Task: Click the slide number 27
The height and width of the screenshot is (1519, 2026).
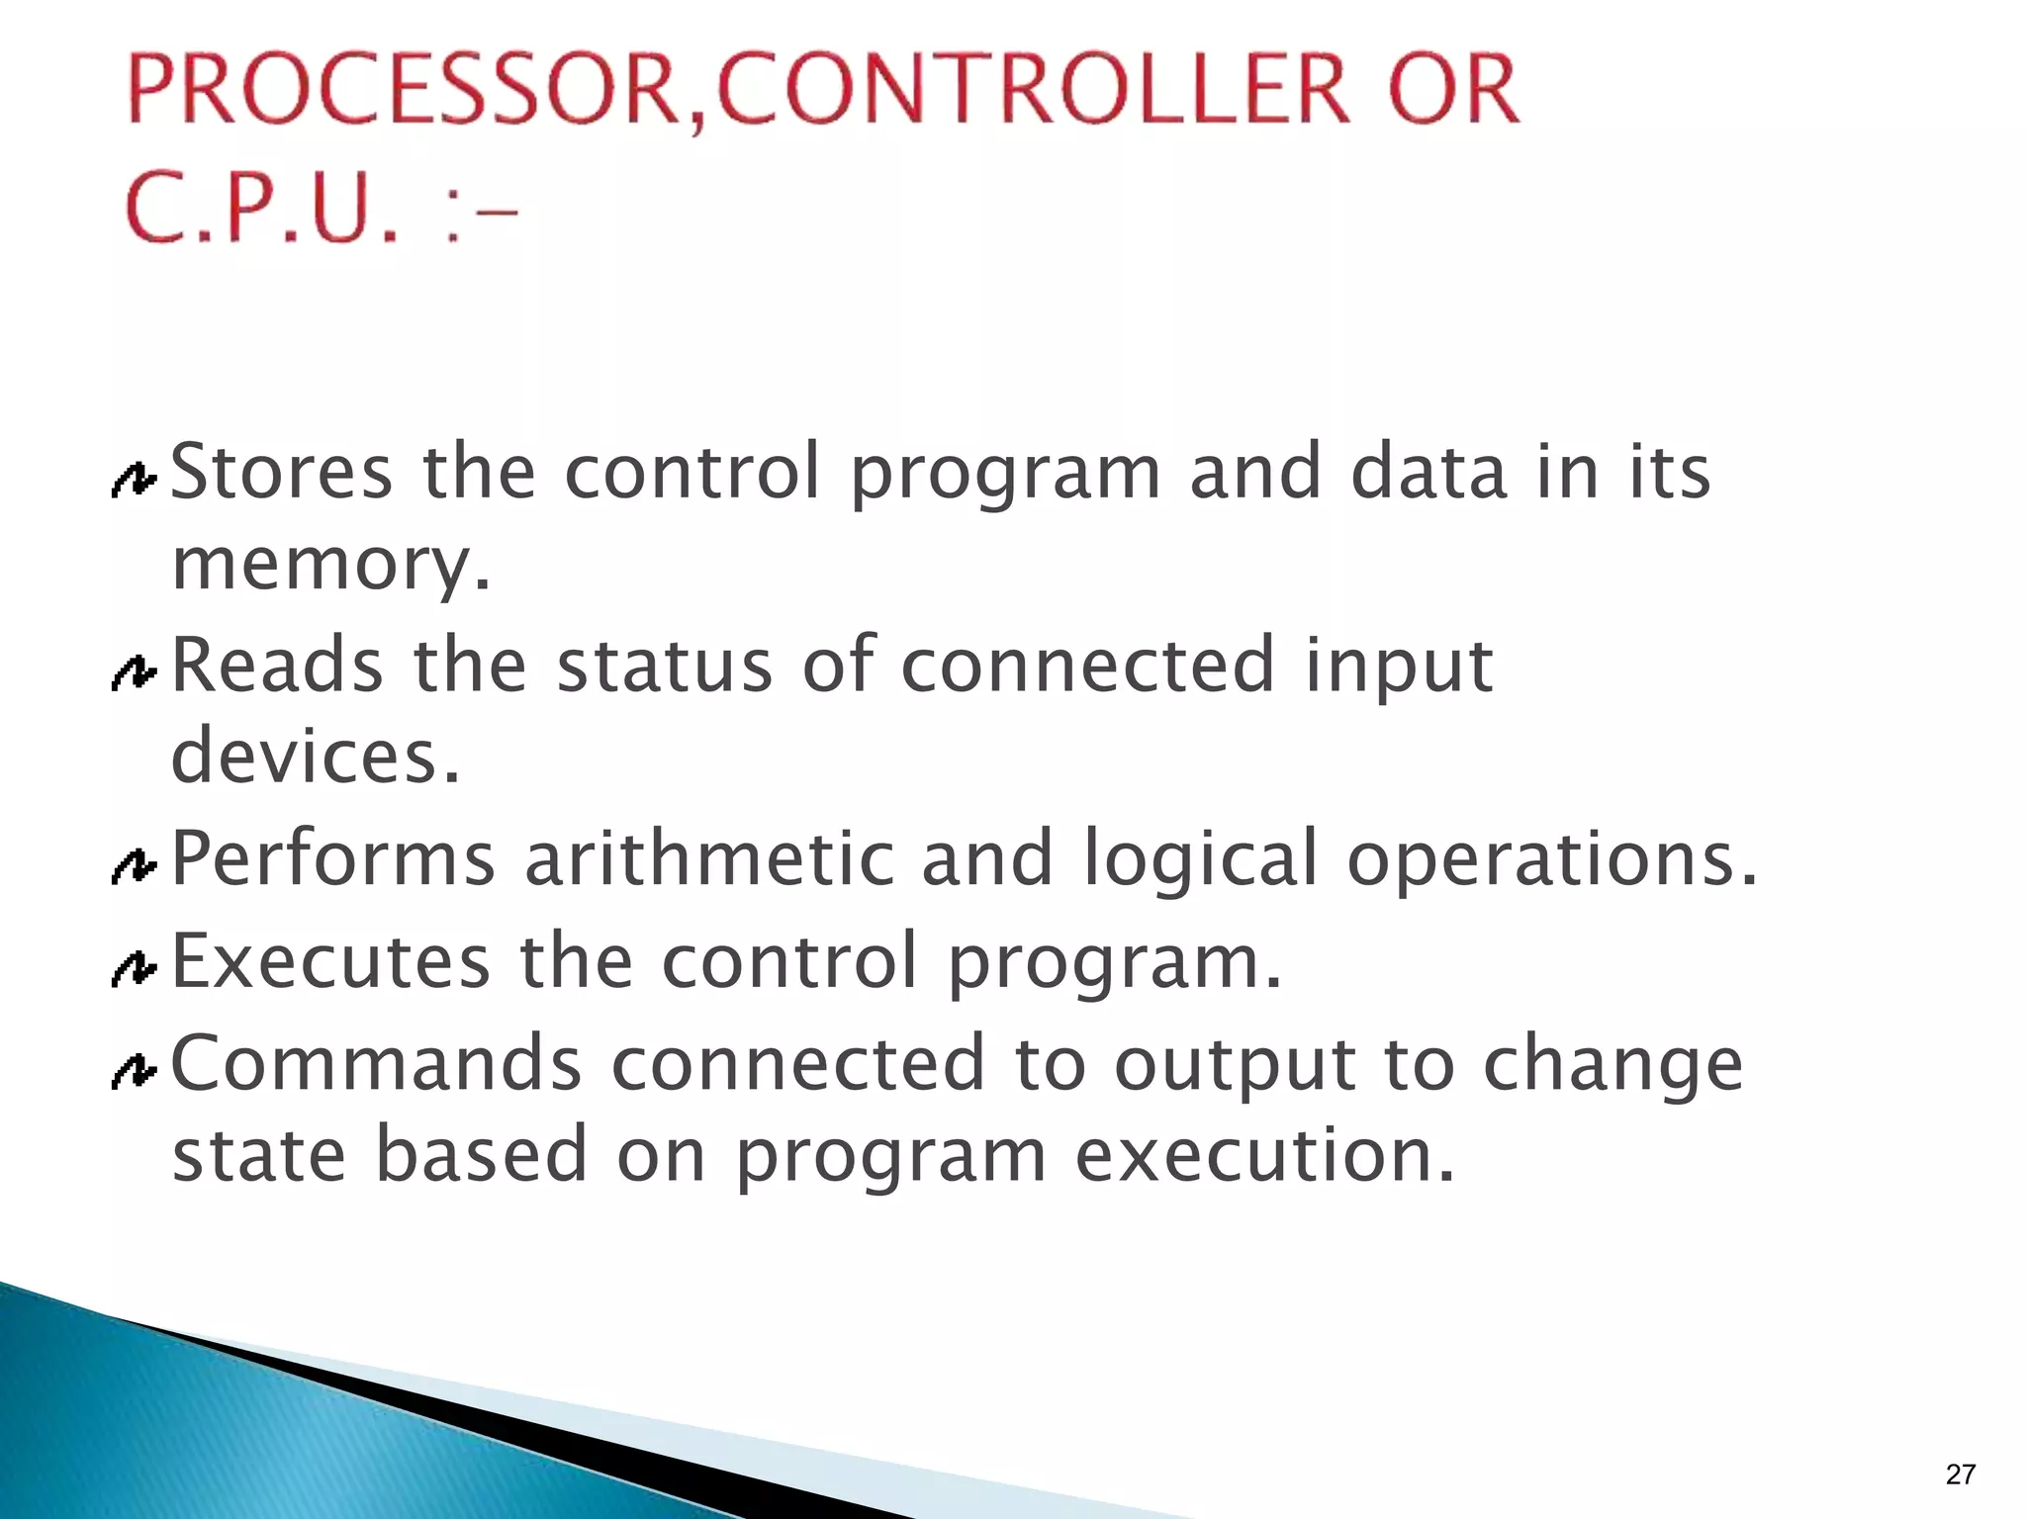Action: click(x=1960, y=1474)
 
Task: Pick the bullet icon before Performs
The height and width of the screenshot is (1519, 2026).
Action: click(x=134, y=868)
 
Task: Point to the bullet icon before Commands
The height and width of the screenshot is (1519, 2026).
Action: click(x=134, y=1071)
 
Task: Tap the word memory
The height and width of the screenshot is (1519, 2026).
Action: click(x=330, y=566)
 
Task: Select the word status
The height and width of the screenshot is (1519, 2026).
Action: click(x=664, y=666)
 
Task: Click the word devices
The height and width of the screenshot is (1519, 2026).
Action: click(x=316, y=757)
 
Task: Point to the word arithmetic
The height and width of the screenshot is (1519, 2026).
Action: click(x=708, y=858)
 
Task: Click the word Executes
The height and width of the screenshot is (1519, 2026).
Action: click(x=330, y=961)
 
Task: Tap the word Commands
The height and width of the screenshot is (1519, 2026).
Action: click(x=377, y=1063)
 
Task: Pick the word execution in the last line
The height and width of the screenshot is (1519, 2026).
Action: click(x=1265, y=1155)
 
